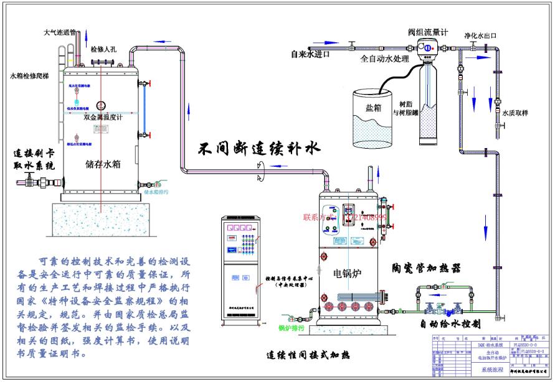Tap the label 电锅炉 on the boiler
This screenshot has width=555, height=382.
pos(347,273)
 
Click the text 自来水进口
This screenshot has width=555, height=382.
pos(310,54)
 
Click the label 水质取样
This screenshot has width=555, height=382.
pos(515,113)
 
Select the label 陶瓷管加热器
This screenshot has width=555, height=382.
pos(427,268)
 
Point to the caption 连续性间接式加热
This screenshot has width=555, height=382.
pos(308,355)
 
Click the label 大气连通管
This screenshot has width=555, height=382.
pos(60,32)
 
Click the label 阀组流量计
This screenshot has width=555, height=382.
pos(429,32)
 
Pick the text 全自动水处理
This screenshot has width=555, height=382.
pos(384,60)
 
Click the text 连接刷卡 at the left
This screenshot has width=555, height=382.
pos(35,153)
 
